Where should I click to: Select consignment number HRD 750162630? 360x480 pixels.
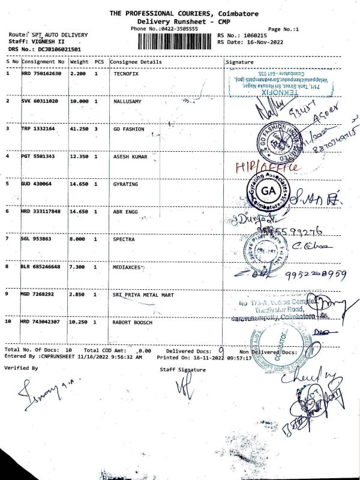click(42, 73)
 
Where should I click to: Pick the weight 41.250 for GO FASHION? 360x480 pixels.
click(80, 128)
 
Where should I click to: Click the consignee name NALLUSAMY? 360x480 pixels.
click(127, 101)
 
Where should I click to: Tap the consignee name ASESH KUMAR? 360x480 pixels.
click(130, 156)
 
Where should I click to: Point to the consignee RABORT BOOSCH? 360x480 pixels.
click(133, 322)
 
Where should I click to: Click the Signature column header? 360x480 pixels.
click(239, 62)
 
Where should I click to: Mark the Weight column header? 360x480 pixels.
click(79, 62)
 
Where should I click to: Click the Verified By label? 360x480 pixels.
click(22, 368)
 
